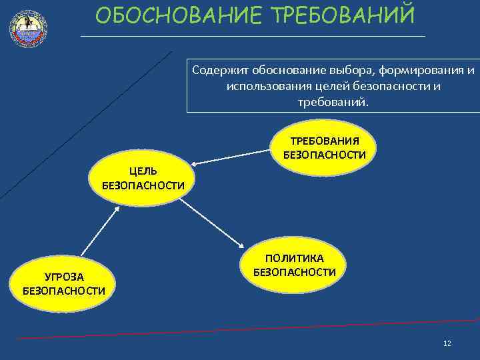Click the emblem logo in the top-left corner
(x=28, y=27)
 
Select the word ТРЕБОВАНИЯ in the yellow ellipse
(x=325, y=141)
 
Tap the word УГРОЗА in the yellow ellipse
(x=64, y=276)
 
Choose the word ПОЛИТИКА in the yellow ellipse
(x=295, y=258)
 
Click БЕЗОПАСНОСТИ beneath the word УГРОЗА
(x=64, y=290)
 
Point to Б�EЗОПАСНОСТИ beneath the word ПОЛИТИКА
(x=295, y=272)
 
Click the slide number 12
(x=447, y=343)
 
